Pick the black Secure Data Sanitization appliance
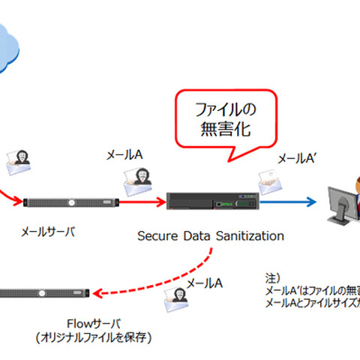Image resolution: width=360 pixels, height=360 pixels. tap(210, 201)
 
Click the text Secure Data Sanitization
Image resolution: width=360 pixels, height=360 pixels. tap(211, 235)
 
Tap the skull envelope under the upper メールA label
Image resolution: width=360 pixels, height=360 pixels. tap(133, 178)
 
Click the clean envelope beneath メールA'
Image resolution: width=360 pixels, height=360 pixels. tap(269, 180)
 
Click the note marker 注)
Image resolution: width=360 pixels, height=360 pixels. tap(274, 275)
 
